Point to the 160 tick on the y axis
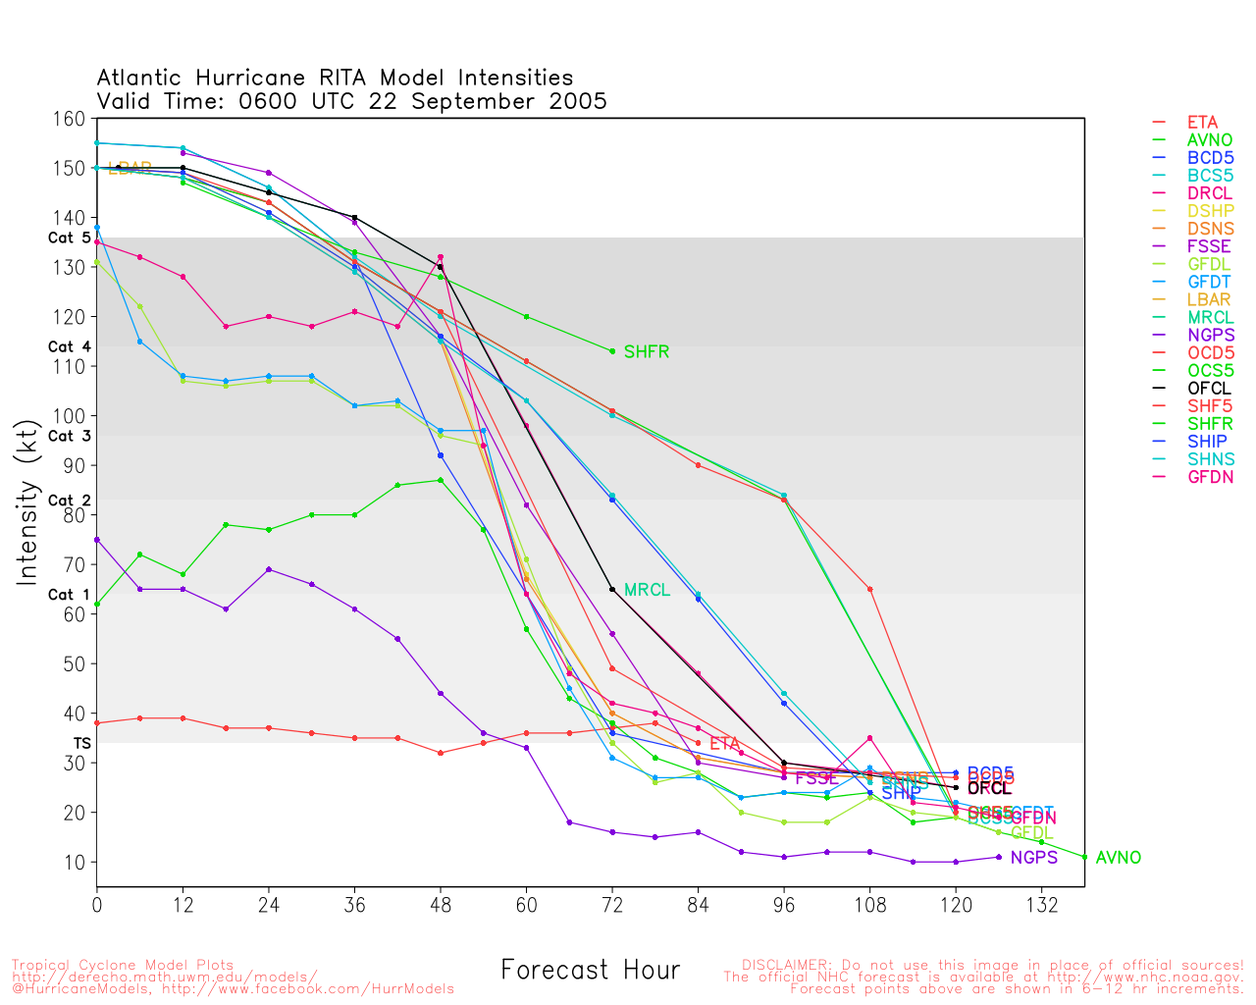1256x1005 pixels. pos(71,120)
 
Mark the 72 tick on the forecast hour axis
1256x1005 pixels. pos(612,906)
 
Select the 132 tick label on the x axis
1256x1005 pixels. pos(1041,906)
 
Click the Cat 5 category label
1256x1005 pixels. pos(69,238)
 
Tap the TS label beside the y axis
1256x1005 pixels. pos(81,744)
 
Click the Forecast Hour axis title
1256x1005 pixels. pos(590,971)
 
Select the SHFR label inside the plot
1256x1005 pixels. pos(646,352)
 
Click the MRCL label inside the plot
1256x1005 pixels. pos(647,590)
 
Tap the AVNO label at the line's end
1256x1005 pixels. pos(1118,858)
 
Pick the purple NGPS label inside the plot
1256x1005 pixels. pos(1033,858)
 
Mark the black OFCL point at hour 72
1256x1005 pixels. pos(612,590)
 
